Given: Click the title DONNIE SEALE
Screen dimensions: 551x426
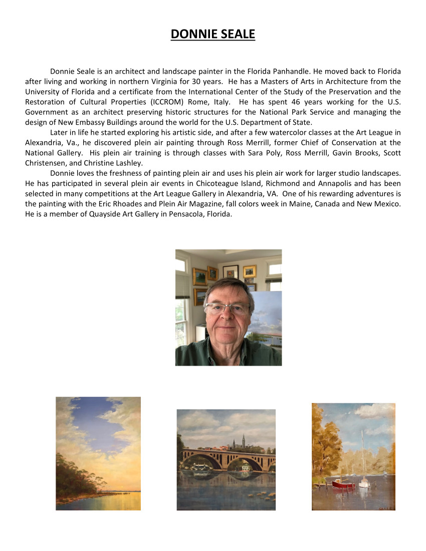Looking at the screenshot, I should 212,34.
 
